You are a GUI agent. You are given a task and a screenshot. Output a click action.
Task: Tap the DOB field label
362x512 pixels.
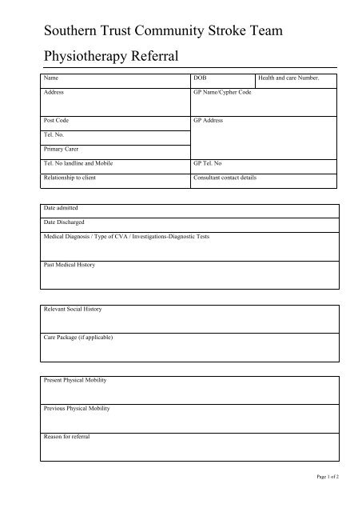pyautogui.click(x=200, y=79)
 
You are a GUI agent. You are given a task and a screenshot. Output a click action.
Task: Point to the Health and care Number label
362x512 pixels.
pyautogui.click(x=288, y=79)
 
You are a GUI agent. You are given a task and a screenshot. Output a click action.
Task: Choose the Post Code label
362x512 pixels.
pyautogui.click(x=57, y=121)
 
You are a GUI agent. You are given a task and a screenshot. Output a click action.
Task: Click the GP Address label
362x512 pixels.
pyautogui.click(x=209, y=121)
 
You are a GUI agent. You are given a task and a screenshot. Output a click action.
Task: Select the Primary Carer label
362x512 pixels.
pyautogui.click(x=60, y=149)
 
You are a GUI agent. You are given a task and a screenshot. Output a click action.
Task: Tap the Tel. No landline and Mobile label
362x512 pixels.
pyautogui.click(x=78, y=163)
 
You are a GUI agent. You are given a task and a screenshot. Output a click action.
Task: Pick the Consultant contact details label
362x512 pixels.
pyautogui.click(x=225, y=177)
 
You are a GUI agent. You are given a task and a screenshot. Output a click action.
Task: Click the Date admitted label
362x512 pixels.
pyautogui.click(x=61, y=208)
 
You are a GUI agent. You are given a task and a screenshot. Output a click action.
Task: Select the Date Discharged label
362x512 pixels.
pyautogui.click(x=64, y=222)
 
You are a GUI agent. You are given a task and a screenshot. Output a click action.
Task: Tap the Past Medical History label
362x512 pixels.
pyautogui.click(x=69, y=264)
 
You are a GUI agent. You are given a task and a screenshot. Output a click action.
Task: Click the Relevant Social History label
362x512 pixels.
pyautogui.click(x=73, y=309)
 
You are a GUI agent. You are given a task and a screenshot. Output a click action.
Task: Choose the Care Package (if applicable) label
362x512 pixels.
pyautogui.click(x=78, y=337)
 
